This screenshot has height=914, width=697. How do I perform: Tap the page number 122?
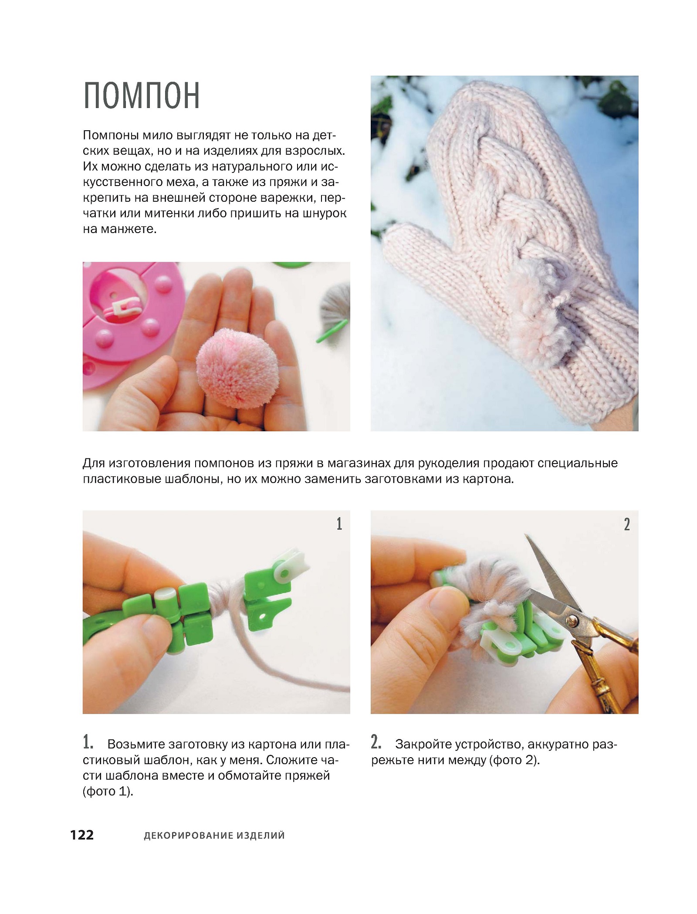coord(82,835)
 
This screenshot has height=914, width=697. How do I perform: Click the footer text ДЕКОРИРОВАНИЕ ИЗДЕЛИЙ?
coord(214,836)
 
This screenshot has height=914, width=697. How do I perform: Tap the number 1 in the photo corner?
coord(339,524)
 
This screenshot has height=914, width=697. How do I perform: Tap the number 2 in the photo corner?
coord(627,524)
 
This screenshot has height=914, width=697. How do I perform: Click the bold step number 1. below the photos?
coord(88,741)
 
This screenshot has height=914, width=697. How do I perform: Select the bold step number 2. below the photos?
coord(376,741)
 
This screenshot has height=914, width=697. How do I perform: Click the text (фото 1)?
coord(108,791)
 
